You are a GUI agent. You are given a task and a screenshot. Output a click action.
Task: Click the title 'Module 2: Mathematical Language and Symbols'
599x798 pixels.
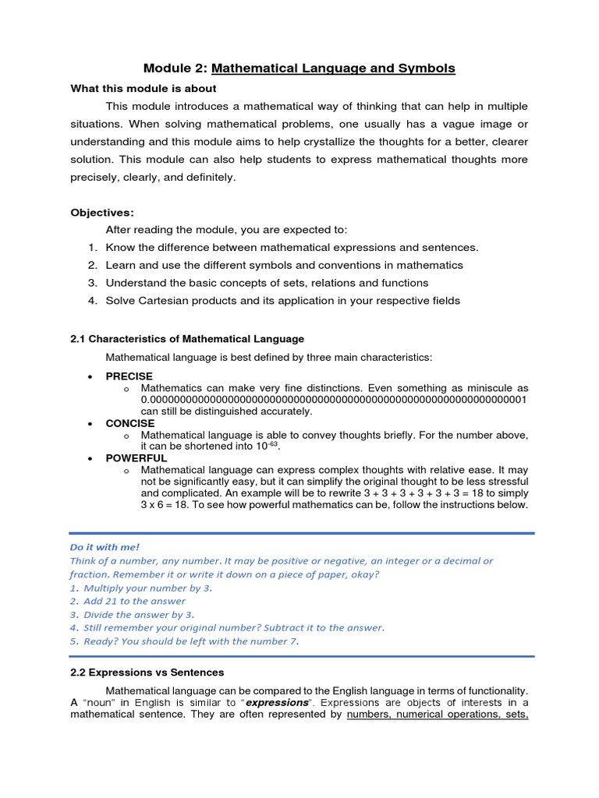coord(299,69)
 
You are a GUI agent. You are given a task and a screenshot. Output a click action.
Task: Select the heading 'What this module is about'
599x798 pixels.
coord(144,89)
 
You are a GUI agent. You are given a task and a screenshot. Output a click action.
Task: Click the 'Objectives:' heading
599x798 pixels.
coord(102,212)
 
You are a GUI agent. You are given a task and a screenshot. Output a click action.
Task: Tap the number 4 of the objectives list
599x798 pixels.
coord(91,301)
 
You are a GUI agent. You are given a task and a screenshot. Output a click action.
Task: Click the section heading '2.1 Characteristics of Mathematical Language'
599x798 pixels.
coord(187,339)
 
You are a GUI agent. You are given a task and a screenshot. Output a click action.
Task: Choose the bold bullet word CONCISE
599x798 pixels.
coord(130,423)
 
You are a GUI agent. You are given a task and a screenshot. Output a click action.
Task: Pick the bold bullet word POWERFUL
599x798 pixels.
coord(136,458)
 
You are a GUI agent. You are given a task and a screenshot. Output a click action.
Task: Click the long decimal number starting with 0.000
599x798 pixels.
coord(334,400)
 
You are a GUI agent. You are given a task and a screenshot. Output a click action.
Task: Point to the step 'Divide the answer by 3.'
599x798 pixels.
coord(139,614)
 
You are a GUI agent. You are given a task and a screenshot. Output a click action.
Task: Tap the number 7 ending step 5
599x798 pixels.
coord(294,641)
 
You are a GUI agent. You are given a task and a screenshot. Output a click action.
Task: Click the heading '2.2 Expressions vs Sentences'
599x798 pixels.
coord(147,672)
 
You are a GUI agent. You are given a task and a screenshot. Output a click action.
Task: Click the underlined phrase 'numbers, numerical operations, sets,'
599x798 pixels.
coord(438,715)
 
